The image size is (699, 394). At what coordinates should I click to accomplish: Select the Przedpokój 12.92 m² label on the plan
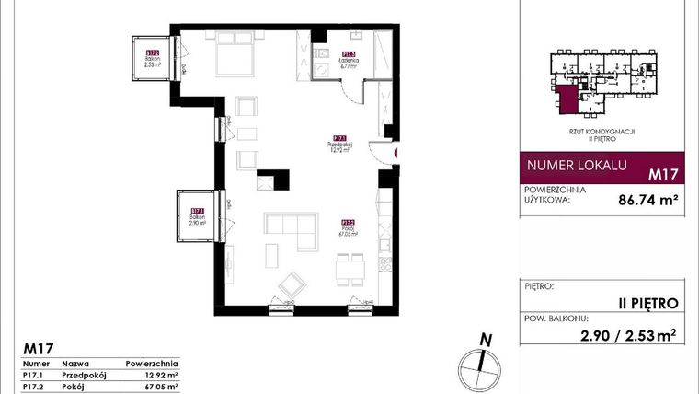(x=339, y=145)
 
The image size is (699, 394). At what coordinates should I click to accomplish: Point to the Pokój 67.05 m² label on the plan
(x=348, y=228)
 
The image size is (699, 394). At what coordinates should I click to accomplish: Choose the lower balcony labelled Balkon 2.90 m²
(x=196, y=217)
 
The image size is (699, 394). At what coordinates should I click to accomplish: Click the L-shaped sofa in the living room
(x=290, y=228)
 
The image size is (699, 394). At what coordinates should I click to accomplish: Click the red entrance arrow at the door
(x=395, y=153)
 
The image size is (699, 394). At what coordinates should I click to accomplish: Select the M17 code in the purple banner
(x=662, y=172)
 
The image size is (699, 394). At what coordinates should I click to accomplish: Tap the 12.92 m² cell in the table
(x=161, y=377)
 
